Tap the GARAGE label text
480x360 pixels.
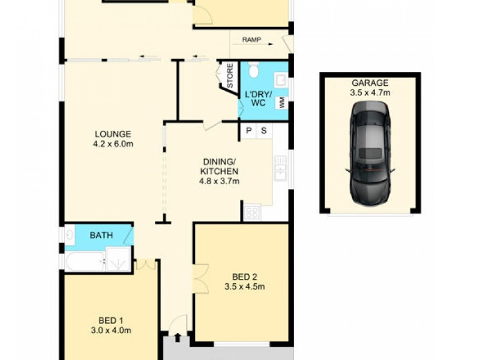(x=370, y=83)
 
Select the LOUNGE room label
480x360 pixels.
(x=112, y=134)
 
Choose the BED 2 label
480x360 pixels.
(x=244, y=277)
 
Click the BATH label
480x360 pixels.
(x=101, y=235)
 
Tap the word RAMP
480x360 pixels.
(x=252, y=40)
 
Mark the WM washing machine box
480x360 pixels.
(x=281, y=103)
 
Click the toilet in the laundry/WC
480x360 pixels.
(x=253, y=71)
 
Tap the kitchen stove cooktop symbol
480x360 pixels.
(x=251, y=212)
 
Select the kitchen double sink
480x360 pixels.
(x=280, y=168)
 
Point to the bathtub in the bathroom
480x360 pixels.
(x=83, y=260)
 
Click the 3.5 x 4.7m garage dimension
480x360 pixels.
(x=370, y=92)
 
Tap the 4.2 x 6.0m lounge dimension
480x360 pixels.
(x=112, y=143)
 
